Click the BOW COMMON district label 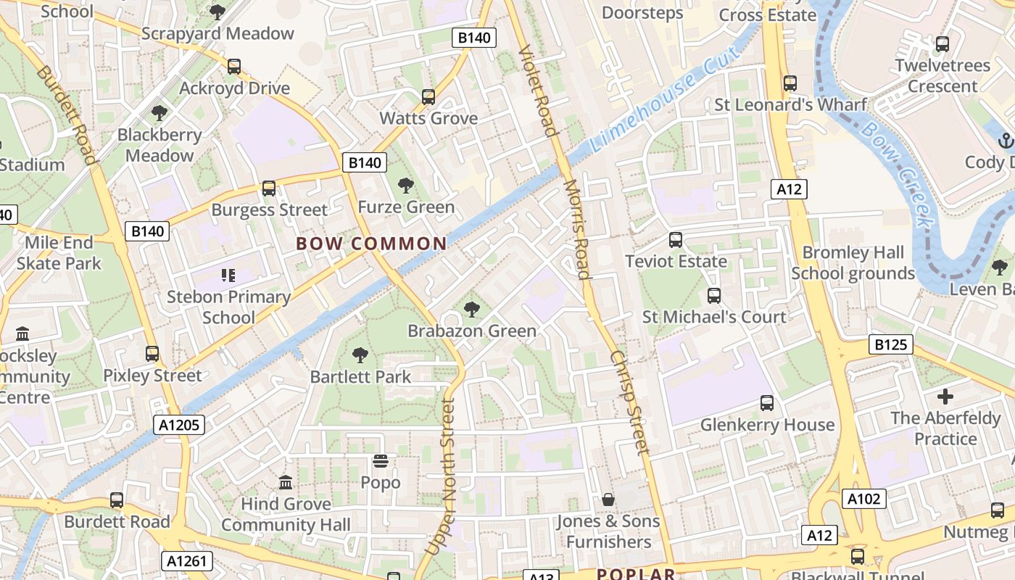[371, 244]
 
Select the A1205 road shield [179, 425]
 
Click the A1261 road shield [187, 560]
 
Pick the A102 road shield [864, 499]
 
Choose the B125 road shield [890, 344]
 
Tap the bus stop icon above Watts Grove [428, 97]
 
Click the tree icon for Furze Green [406, 186]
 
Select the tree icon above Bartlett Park [360, 355]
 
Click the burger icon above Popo [381, 461]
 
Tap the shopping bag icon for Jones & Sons [608, 500]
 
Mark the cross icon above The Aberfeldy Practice [945, 397]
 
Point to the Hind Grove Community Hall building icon [286, 482]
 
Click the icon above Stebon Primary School [228, 275]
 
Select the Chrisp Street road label [629, 402]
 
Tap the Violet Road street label [538, 91]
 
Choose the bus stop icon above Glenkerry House [767, 403]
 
